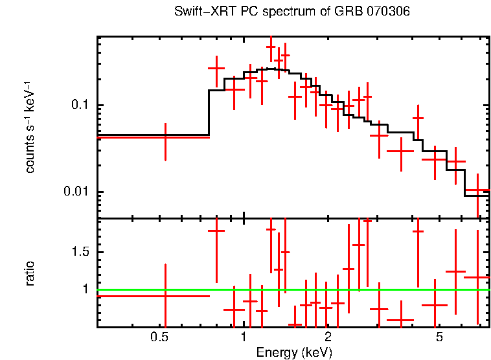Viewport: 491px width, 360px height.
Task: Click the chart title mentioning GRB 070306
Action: point(292,12)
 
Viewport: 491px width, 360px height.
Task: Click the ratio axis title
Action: point(30,273)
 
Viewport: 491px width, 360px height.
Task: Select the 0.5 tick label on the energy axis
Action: point(159,337)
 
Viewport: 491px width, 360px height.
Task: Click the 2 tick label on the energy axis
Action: point(328,337)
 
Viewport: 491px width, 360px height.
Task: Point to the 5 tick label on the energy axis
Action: point(439,337)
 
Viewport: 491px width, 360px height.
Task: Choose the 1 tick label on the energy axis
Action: point(244,337)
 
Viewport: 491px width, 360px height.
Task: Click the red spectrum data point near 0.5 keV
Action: point(165,137)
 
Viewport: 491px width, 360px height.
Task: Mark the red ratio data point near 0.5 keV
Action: point(165,296)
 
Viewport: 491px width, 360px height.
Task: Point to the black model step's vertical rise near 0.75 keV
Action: point(209,113)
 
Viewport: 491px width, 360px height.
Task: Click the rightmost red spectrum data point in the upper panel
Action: point(478,190)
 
